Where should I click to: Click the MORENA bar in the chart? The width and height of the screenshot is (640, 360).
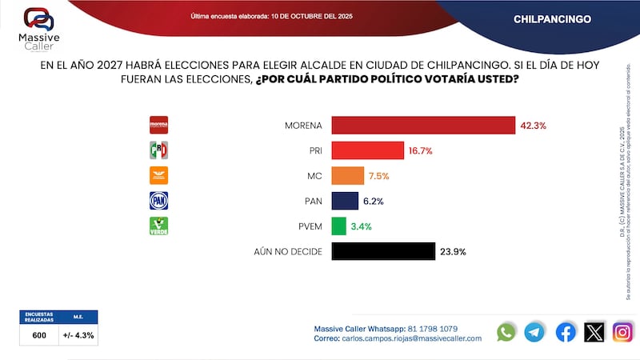point(422,126)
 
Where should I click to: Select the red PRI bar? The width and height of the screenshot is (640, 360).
point(367,150)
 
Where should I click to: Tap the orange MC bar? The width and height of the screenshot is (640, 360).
point(348,176)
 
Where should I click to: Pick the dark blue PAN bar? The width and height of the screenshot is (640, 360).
point(345,201)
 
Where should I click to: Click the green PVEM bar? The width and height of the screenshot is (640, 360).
point(338,226)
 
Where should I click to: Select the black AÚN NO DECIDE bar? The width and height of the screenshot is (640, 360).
point(383,251)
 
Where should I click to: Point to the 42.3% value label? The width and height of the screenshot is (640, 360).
point(534,126)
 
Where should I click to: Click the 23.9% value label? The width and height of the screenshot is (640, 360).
point(453,251)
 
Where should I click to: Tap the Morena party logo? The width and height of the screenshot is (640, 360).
point(159,125)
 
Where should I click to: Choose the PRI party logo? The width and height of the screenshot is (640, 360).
point(159,150)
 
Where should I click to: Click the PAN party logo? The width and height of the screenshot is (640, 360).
point(159,201)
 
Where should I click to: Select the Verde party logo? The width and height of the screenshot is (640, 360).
point(159,226)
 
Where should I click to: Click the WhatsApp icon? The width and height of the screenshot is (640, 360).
point(506,332)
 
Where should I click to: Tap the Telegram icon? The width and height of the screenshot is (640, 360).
point(534,332)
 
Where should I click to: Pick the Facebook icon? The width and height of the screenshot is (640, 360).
point(566,332)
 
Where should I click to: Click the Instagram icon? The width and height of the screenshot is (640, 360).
point(622,332)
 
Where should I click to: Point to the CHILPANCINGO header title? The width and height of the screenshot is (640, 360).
point(552,18)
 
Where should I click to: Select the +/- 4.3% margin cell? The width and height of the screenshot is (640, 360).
point(79,335)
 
